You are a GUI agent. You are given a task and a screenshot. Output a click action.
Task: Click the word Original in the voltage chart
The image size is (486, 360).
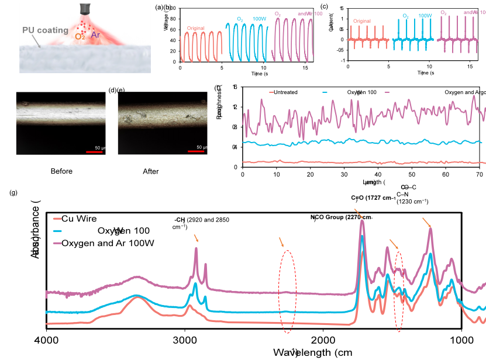tap(197, 28)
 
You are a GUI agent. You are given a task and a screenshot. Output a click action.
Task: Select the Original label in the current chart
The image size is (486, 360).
tap(362, 21)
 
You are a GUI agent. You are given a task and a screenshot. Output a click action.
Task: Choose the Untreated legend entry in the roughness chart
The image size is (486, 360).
tap(284, 92)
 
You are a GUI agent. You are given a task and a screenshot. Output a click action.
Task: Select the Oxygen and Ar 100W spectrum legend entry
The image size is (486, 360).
tap(107, 243)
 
